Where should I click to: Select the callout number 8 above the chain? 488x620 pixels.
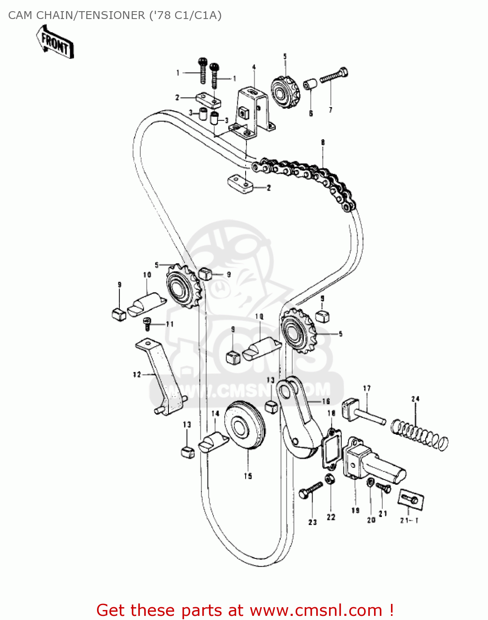(323, 143)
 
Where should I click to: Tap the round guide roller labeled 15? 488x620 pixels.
(245, 427)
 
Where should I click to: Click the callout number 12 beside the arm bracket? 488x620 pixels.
(137, 374)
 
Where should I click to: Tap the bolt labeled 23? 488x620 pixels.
(310, 490)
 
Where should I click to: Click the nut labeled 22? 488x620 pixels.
(330, 479)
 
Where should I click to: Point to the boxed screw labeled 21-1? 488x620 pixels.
(411, 498)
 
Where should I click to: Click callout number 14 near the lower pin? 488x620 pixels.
(215, 413)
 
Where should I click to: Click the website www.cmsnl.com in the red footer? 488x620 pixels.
(316, 610)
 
